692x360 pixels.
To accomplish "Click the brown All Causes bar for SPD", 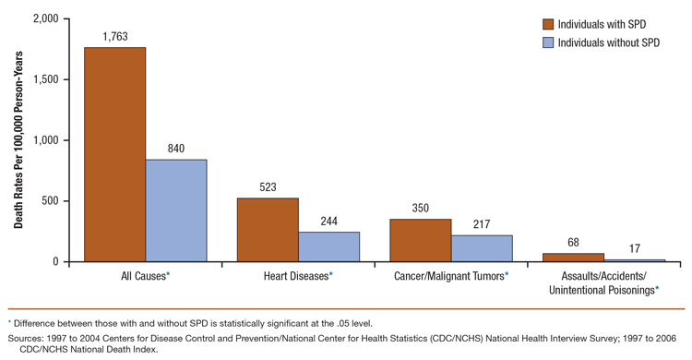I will point(114,154).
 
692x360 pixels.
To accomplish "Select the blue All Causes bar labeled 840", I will point(176,210).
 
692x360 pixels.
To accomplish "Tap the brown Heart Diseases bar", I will point(268,230).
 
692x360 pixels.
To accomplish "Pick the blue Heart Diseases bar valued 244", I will point(328,246).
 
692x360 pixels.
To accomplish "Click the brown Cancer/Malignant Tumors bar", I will point(420,240).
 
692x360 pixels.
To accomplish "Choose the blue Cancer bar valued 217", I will point(482,248).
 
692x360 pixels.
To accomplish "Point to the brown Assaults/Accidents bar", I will point(573,258).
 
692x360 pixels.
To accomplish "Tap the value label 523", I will point(268,187).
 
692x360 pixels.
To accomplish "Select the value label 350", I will point(420,209).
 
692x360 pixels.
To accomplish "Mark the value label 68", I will point(573,243).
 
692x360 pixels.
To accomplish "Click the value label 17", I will point(634,249).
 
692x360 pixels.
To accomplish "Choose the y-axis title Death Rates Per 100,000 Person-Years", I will point(18,138).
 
